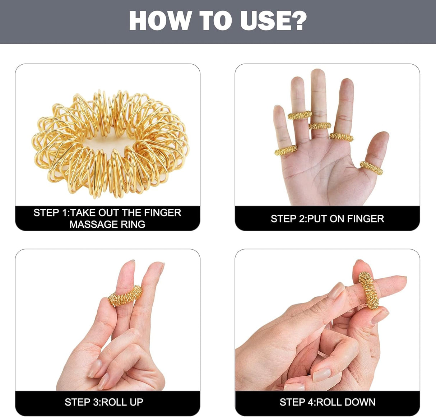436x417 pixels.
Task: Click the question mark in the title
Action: point(298,21)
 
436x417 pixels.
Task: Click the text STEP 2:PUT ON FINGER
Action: point(327,218)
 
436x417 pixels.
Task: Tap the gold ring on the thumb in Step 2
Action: point(372,168)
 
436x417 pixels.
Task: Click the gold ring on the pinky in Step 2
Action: point(286,150)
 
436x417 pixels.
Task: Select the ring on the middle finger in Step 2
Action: point(320,126)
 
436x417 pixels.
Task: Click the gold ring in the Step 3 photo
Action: point(125,296)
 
